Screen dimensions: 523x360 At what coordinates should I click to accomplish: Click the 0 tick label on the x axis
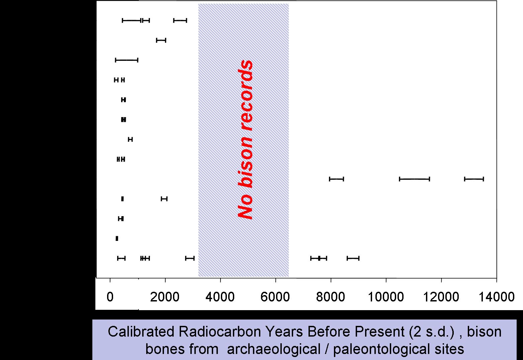[x=110, y=297]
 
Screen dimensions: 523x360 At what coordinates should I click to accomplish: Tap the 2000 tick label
[x=165, y=297]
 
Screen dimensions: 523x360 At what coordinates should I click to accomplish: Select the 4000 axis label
[x=220, y=297]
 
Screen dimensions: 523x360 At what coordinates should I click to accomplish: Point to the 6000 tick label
[x=275, y=297]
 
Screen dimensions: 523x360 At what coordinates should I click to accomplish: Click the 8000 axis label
[x=330, y=297]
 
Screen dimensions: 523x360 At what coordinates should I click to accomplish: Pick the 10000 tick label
[x=386, y=297]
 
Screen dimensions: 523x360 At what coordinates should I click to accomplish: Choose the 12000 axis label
[x=441, y=297]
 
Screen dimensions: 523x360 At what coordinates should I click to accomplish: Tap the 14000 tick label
[x=497, y=297]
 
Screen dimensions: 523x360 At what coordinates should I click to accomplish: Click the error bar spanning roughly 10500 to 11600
[x=415, y=179]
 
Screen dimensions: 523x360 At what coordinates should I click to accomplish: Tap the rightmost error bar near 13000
[x=474, y=179]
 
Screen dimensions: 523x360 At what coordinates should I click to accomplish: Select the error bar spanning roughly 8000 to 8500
[x=336, y=179]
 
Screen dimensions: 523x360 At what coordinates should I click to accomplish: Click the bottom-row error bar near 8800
[x=353, y=258]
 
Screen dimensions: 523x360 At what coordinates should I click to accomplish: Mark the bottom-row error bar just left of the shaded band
[x=190, y=258]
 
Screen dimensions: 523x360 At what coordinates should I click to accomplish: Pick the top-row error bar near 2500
[x=180, y=20]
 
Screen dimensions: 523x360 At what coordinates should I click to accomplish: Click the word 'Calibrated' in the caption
[x=141, y=332]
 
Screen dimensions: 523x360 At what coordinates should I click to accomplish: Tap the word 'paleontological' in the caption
[x=381, y=350]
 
